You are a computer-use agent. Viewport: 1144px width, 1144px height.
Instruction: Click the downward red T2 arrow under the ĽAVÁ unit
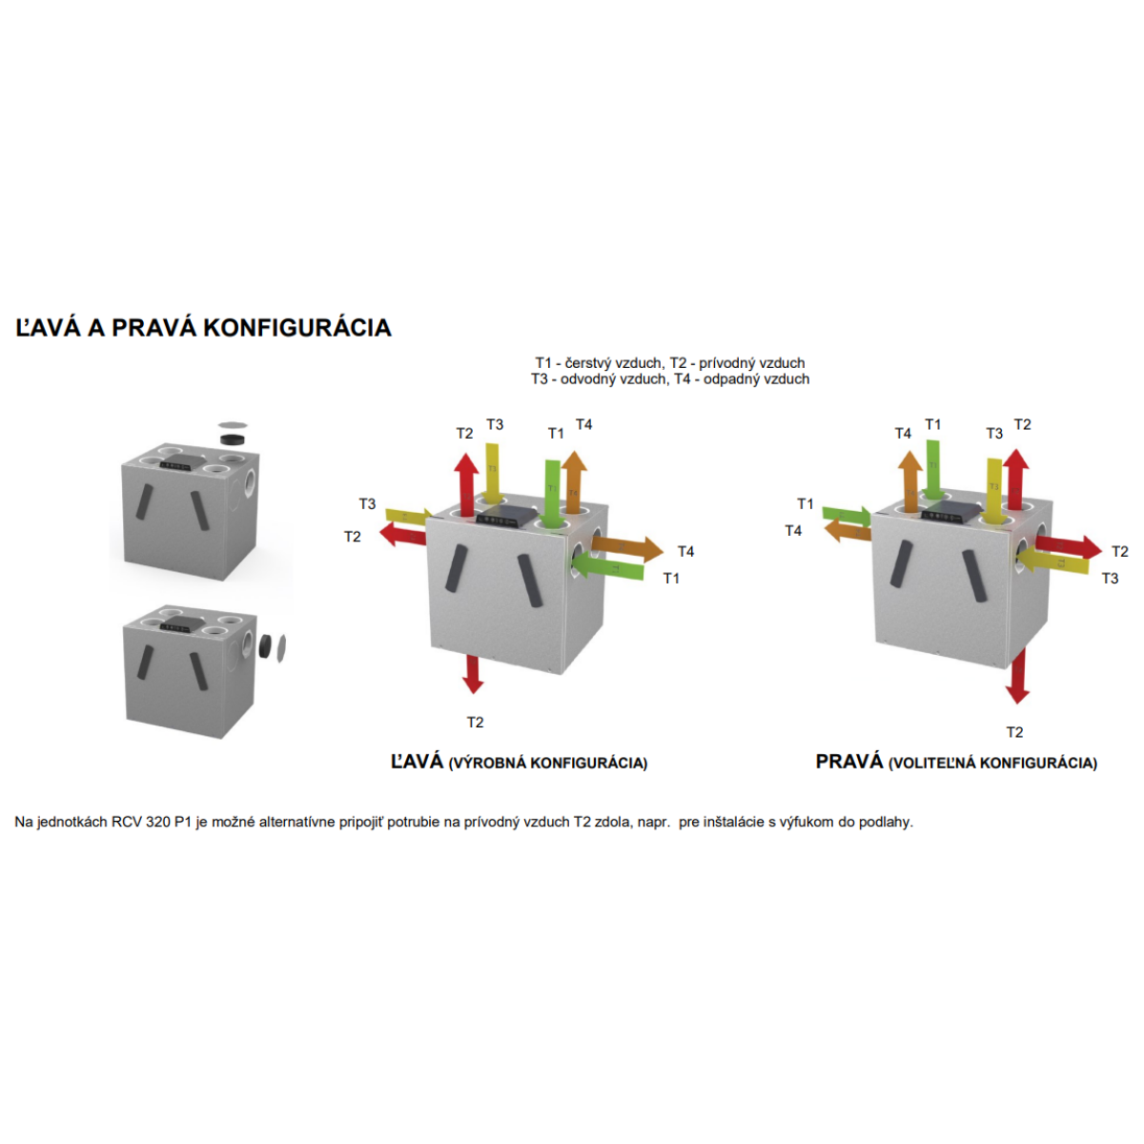click(x=473, y=673)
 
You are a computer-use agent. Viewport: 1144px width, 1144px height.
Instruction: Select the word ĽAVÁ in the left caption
click(x=418, y=762)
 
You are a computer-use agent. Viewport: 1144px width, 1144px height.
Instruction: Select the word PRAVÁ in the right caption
click(x=849, y=762)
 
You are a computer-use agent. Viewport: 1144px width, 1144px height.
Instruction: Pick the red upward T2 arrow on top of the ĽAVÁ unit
click(x=465, y=482)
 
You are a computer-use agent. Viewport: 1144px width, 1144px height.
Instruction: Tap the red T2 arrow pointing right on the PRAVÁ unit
click(x=1068, y=546)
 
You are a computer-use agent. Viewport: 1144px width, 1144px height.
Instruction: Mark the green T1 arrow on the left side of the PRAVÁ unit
click(x=847, y=515)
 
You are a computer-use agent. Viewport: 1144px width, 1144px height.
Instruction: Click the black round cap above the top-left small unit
click(x=233, y=439)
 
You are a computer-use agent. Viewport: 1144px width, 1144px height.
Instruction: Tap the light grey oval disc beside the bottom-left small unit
click(x=281, y=647)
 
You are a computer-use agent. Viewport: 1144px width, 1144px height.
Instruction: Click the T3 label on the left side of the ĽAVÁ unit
click(x=367, y=503)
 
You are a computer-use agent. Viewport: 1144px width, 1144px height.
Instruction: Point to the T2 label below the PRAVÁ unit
click(x=1014, y=732)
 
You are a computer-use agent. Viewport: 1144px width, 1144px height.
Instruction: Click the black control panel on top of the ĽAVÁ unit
click(x=506, y=518)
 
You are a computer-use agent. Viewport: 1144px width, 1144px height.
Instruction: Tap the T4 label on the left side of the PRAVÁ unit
click(x=793, y=530)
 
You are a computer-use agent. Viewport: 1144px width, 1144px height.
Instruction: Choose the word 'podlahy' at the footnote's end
click(x=886, y=822)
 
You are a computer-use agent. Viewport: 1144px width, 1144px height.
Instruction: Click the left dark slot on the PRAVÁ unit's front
click(x=899, y=562)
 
